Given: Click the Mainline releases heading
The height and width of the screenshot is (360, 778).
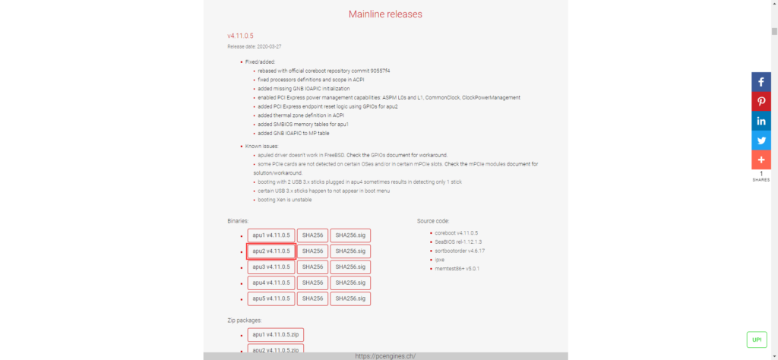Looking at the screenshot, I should pos(385,14).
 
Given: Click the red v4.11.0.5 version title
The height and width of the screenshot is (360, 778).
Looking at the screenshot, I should pos(241,36).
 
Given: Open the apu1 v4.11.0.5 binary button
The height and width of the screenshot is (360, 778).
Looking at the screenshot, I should pos(271,235).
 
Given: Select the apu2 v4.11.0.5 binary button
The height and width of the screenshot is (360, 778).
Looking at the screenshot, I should pos(271,251).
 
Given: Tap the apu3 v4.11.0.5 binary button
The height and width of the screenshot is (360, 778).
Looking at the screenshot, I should pos(271,267).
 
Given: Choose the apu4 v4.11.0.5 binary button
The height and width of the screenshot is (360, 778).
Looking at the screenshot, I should pos(271,283).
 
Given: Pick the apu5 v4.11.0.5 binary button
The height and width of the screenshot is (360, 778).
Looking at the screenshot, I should pos(271,298).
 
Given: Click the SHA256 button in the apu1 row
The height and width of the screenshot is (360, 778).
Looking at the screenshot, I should pos(312,235).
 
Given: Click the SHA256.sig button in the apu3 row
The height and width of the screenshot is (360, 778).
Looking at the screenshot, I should pos(350,267).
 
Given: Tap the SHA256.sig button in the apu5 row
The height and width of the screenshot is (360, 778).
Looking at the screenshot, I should pos(350,298).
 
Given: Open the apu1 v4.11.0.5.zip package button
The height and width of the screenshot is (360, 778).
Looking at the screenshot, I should pos(276,334).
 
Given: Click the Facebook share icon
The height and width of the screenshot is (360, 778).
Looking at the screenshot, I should pos(761,82).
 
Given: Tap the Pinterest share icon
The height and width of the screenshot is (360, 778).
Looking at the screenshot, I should pos(761,102).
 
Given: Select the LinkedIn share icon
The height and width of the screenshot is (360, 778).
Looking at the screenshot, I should pos(761,122).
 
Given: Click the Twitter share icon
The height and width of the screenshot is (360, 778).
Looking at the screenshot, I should pos(761,141).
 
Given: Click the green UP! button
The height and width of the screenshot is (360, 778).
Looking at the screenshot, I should pos(757,339).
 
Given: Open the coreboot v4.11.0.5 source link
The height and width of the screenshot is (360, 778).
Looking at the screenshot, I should pos(457,232).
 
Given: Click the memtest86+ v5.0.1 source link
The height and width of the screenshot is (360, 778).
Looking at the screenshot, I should pos(457,269).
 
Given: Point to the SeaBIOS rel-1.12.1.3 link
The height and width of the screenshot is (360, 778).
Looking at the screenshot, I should pos(458,242).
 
